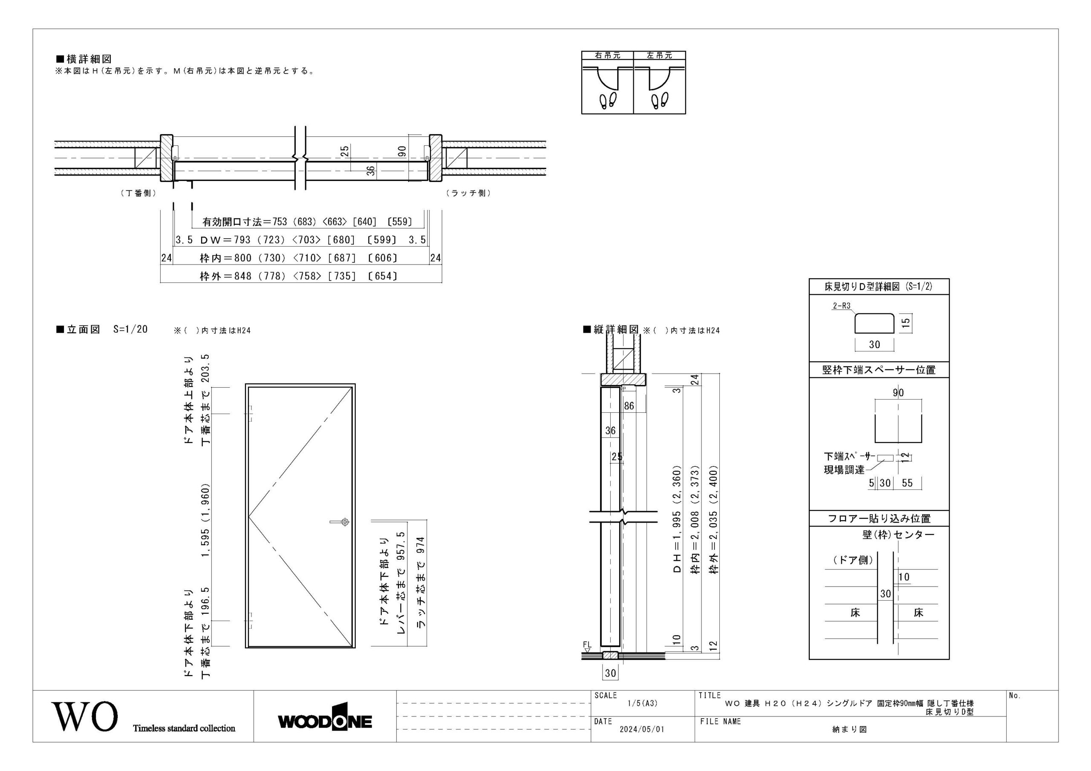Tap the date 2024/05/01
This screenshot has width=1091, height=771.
point(641,729)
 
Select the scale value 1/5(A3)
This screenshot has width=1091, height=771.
point(642,704)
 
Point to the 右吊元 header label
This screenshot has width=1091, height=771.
point(608,55)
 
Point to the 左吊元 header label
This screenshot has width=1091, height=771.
point(660,55)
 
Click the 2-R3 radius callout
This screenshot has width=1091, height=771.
point(841,306)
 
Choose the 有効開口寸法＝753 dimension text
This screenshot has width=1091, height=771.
point(245,222)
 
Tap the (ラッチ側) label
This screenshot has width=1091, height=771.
point(468,193)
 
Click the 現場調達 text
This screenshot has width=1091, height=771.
point(844,470)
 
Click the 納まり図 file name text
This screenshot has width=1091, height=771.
point(850,730)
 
